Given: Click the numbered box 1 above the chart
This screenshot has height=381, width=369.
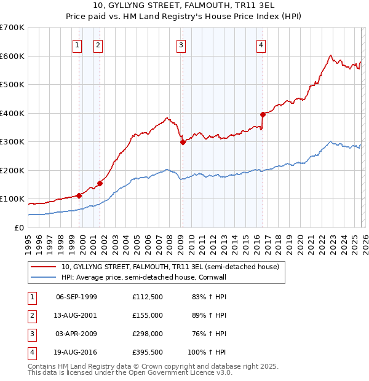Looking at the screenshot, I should (x=77, y=44).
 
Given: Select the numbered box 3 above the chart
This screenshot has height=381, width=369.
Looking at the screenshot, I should (x=181, y=44).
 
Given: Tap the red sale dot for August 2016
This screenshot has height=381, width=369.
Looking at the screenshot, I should (x=263, y=114).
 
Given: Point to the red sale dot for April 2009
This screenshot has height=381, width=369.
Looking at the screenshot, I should (x=183, y=142).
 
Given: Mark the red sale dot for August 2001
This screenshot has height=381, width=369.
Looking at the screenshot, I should (x=100, y=183).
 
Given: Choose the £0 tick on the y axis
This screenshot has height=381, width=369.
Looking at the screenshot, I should (x=18, y=227).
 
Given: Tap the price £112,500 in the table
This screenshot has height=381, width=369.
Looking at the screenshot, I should (x=147, y=297).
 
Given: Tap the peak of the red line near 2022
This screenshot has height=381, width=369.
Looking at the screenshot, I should (x=331, y=55).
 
